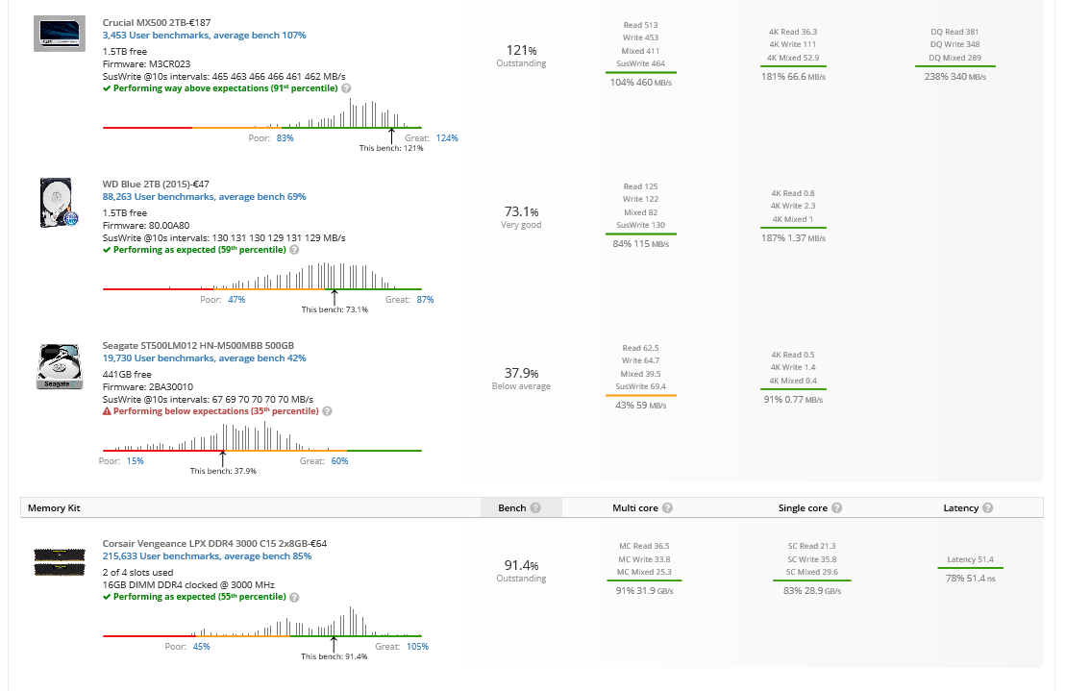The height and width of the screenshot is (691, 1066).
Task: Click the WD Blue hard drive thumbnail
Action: coord(59,202)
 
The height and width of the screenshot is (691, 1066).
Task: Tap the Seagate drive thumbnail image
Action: coord(59,366)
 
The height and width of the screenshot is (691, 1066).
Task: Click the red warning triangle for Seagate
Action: coord(107,411)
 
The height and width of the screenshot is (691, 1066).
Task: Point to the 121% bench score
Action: coord(521,50)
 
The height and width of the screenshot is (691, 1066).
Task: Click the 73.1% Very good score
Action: coord(521,211)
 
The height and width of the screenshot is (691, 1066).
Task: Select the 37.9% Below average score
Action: coord(521,373)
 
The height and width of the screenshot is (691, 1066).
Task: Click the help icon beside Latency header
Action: coord(988,508)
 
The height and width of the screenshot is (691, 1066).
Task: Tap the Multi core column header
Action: coord(634,507)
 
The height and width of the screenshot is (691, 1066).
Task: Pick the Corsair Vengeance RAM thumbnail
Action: coord(59,562)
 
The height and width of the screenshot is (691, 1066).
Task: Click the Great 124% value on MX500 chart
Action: coord(446,138)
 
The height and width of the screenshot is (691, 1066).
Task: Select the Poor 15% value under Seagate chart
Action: coord(135,461)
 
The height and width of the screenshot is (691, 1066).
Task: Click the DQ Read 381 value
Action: coord(954,32)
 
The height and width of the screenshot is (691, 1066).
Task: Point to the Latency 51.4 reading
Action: coord(970,559)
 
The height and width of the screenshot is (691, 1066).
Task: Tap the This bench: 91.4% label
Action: coord(334,656)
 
